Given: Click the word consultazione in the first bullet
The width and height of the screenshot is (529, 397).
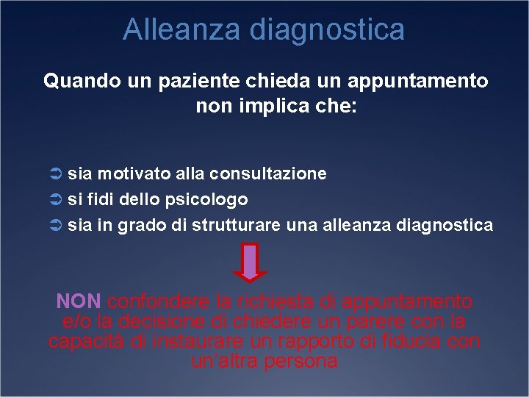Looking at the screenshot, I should tap(268, 174).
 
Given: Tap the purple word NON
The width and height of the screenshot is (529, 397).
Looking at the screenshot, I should tap(80, 301).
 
